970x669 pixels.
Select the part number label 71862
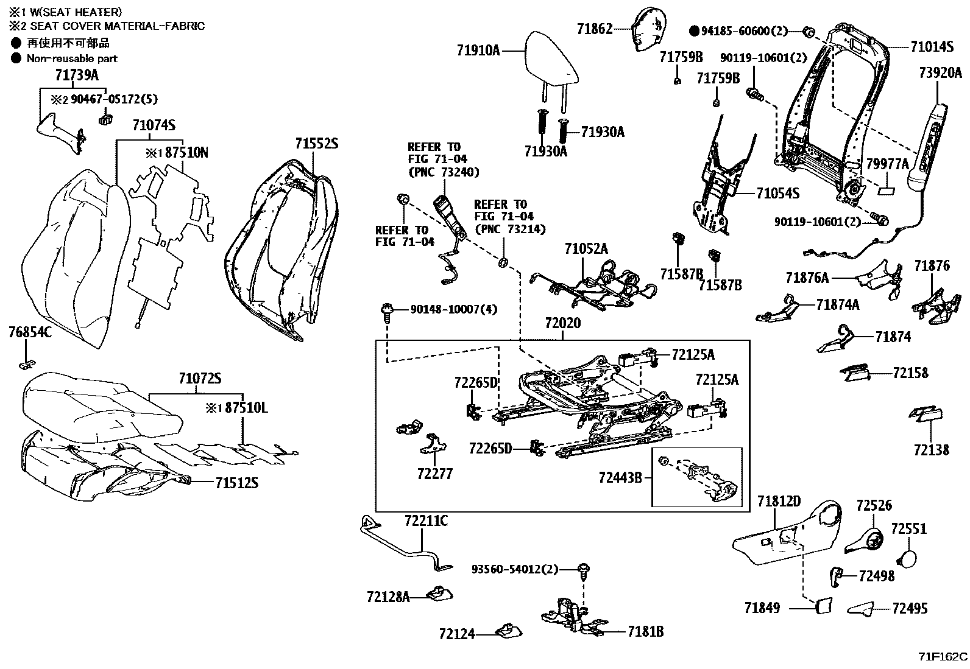tap(595, 29)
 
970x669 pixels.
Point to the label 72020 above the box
tap(562, 323)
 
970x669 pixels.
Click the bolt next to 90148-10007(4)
tap(386, 310)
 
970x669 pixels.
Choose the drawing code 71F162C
tap(943, 657)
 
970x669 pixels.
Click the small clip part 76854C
tap(26, 364)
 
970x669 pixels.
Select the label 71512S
tap(236, 483)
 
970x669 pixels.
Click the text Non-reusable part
tap(72, 58)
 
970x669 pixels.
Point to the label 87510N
tap(186, 153)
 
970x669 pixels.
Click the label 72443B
tap(620, 478)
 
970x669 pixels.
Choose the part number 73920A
tap(940, 74)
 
